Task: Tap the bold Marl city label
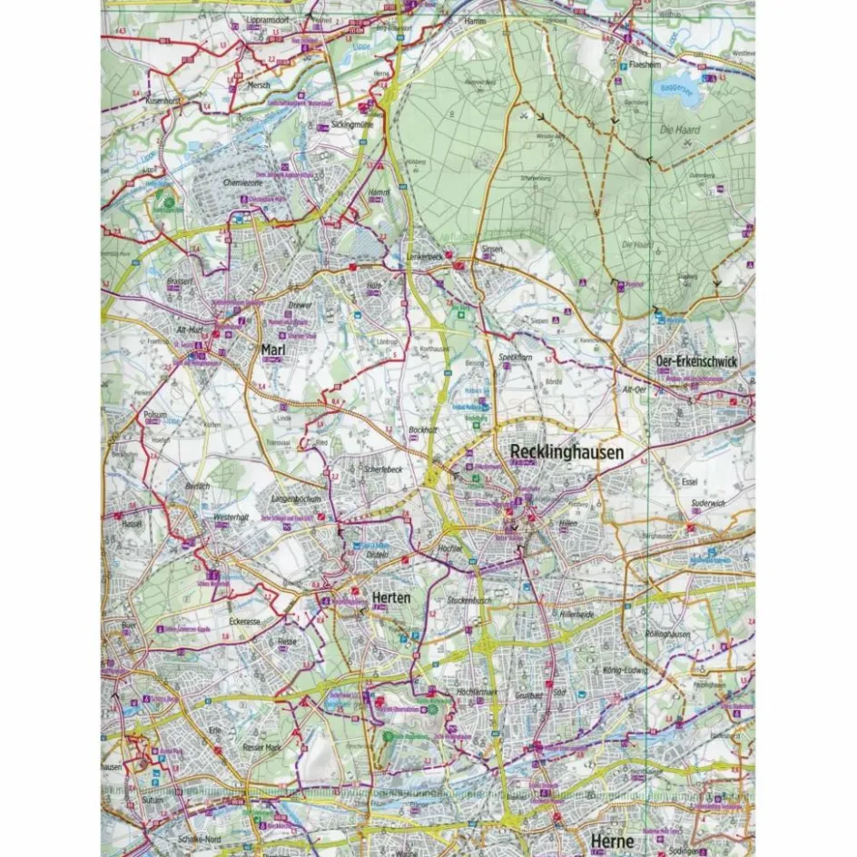[x=273, y=350]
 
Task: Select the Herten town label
[x=391, y=597]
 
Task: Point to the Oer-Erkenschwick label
[x=696, y=361]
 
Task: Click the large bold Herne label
[x=611, y=840]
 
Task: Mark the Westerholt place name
[x=231, y=517]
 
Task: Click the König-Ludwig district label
[x=623, y=670]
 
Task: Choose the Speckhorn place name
[x=516, y=359]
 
